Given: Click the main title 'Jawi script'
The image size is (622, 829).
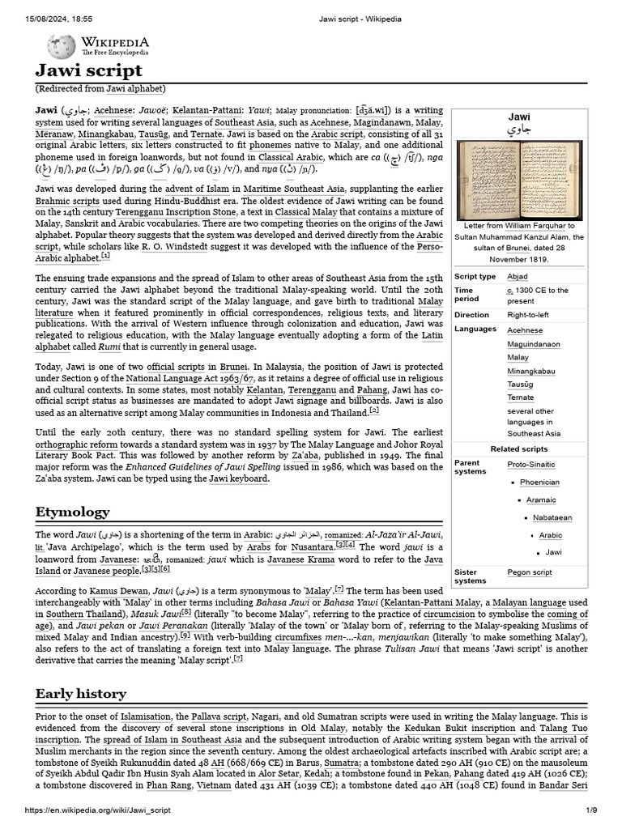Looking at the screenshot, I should pyautogui.click(x=89, y=70).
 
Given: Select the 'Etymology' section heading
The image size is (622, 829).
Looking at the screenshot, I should pyautogui.click(x=72, y=512).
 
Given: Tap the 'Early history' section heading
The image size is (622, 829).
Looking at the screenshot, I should pyautogui.click(x=80, y=693).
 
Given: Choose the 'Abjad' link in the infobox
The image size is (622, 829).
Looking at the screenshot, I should pyautogui.click(x=517, y=276).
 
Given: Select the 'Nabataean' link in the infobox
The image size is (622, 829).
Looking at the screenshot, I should pyautogui.click(x=552, y=517).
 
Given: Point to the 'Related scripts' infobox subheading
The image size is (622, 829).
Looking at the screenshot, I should pyautogui.click(x=518, y=449).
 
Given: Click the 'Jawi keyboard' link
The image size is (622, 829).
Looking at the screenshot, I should pyautogui.click(x=238, y=478).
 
